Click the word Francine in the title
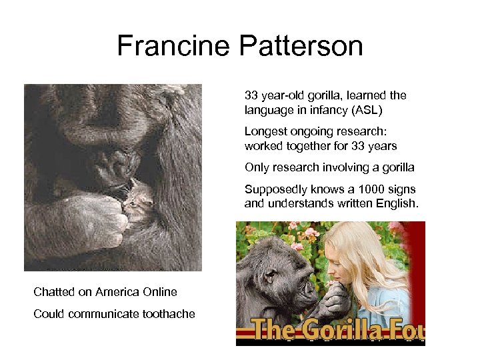(x=171, y=46)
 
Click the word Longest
(x=266, y=131)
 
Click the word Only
(x=257, y=167)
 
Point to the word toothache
(x=167, y=314)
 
